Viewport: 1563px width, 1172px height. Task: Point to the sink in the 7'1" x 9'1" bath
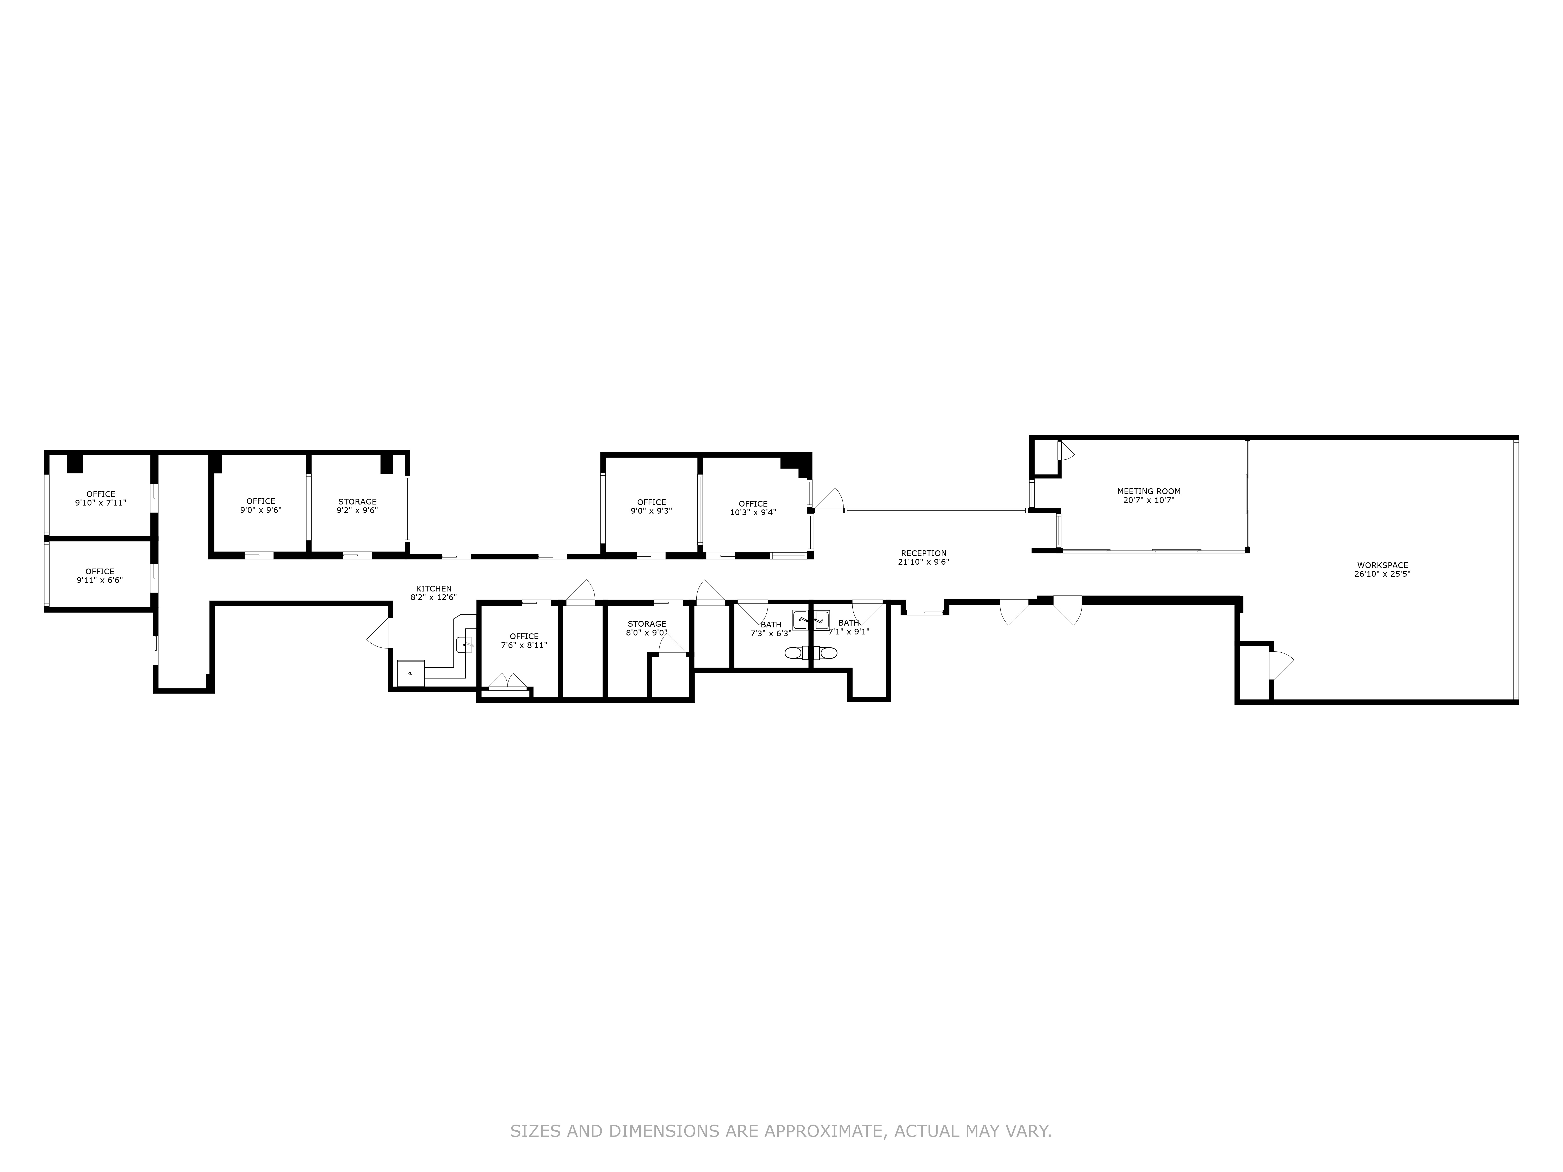821,621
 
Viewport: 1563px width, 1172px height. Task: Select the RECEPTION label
923,553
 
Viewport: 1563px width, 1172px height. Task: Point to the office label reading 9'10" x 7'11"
100,503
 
